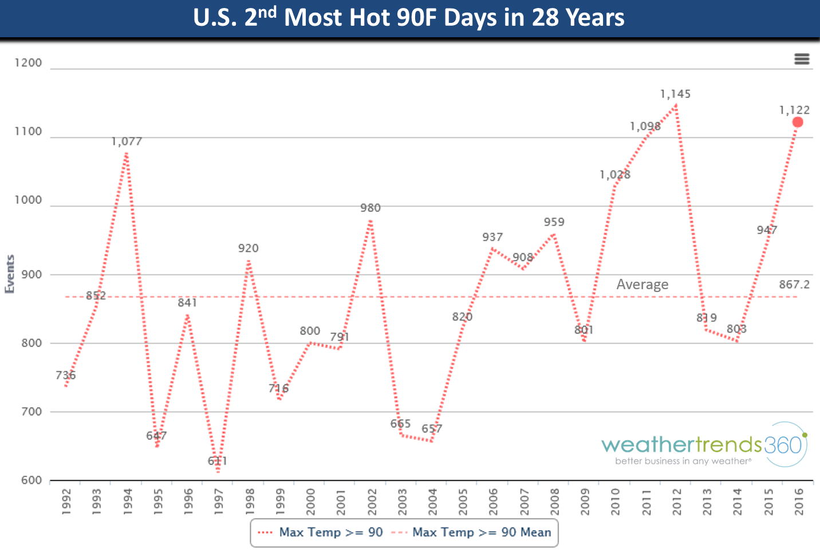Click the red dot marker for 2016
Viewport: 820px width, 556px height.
coord(797,122)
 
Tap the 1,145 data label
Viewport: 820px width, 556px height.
coord(675,94)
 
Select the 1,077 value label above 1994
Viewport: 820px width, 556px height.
coord(127,141)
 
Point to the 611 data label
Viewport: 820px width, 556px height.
coord(218,461)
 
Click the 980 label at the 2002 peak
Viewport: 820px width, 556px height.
coord(370,208)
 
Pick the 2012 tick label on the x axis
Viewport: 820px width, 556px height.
coord(677,502)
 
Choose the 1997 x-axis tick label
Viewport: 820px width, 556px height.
coord(218,502)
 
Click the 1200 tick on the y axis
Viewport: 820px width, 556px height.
coord(29,63)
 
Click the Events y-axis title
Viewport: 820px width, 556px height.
coord(10,274)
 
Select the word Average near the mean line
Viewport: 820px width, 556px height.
coord(642,285)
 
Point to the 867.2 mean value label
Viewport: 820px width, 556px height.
coord(794,285)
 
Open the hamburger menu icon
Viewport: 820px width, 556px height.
coord(802,59)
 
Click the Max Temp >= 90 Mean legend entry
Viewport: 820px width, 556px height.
coord(481,533)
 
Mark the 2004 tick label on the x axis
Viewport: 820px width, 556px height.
coord(432,502)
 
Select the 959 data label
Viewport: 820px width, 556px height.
coord(554,222)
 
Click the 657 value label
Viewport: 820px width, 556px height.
coord(432,429)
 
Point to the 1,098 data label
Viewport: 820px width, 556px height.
coord(645,127)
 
